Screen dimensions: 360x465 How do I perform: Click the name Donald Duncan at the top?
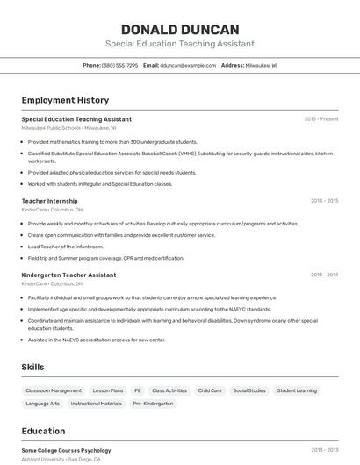tap(180, 29)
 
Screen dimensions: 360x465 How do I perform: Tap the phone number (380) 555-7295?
tap(119, 65)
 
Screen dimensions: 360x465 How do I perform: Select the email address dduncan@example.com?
tap(187, 65)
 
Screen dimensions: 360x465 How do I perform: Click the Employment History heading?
tap(65, 100)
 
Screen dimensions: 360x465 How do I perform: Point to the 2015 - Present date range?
tap(321, 119)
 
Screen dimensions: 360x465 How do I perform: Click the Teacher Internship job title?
tap(49, 201)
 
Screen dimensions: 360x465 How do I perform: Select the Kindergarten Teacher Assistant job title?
tap(68, 275)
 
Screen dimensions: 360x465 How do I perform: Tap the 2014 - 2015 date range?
tap(324, 201)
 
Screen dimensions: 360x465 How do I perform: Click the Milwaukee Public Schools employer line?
tap(68, 128)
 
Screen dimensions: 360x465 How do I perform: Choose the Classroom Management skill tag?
tap(54, 390)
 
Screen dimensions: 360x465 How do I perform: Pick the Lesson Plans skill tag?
tap(108, 390)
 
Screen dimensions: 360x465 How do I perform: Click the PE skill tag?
tap(137, 390)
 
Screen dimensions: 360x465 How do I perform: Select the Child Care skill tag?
tap(210, 390)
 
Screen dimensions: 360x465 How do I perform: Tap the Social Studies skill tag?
tap(249, 390)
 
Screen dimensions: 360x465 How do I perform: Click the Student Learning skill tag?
tap(297, 390)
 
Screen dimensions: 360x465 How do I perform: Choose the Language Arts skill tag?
tap(43, 404)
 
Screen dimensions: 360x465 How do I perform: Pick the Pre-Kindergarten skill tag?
tap(154, 404)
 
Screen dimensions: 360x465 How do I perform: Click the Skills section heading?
tap(32, 367)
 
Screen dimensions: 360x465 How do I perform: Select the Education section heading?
tap(43, 431)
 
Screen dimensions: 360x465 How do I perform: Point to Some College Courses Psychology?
tap(66, 450)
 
